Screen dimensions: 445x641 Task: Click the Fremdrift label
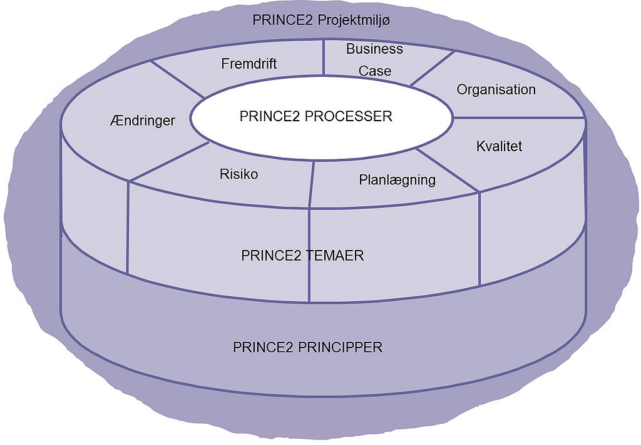coord(249,64)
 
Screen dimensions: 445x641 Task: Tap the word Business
coord(374,49)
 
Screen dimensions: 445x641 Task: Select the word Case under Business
coord(374,71)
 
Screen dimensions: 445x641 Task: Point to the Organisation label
coord(496,89)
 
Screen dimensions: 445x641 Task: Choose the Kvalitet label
coord(499,147)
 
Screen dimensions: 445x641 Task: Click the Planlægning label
coord(397,180)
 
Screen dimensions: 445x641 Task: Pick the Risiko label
coord(238,174)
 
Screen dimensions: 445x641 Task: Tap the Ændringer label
coord(141,121)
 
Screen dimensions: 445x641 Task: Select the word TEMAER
coord(332,256)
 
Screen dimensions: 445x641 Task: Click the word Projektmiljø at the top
coord(354,20)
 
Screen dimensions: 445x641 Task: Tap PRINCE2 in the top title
coord(283,20)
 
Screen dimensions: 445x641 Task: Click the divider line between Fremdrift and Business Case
coord(324,57)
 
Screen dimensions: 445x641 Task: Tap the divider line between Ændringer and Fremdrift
coord(179,80)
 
